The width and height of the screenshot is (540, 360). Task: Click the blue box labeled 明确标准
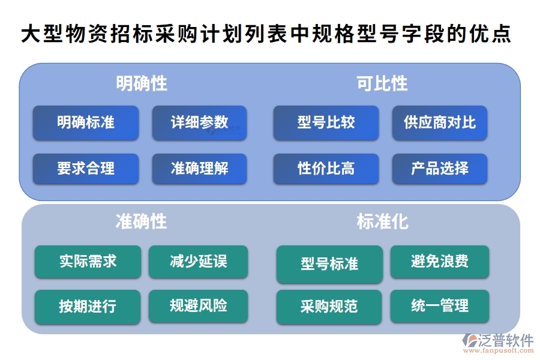click(x=86, y=122)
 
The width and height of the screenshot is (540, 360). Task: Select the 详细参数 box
click(x=199, y=122)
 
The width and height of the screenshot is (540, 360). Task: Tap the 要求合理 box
click(x=86, y=169)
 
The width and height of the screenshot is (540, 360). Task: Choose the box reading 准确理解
click(x=199, y=169)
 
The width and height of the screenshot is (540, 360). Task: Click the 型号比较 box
click(x=326, y=122)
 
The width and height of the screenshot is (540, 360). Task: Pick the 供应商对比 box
click(x=439, y=122)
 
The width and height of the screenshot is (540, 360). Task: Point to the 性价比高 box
click(x=326, y=169)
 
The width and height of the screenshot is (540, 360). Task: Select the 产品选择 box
click(x=439, y=169)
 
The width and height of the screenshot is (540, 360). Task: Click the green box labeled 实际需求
click(x=88, y=261)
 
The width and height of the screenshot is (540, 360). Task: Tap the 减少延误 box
click(x=198, y=261)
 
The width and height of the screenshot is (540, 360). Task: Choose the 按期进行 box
click(x=88, y=307)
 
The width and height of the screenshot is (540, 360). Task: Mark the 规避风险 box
click(x=198, y=307)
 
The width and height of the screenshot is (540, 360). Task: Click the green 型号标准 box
click(x=329, y=264)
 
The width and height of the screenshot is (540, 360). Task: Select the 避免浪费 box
click(x=439, y=261)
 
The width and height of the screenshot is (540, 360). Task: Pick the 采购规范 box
click(x=329, y=307)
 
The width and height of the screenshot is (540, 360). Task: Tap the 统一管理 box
click(x=439, y=307)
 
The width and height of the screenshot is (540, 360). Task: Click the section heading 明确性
click(x=142, y=83)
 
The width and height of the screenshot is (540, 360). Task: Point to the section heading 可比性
click(x=382, y=83)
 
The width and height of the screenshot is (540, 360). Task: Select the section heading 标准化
click(x=382, y=222)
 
